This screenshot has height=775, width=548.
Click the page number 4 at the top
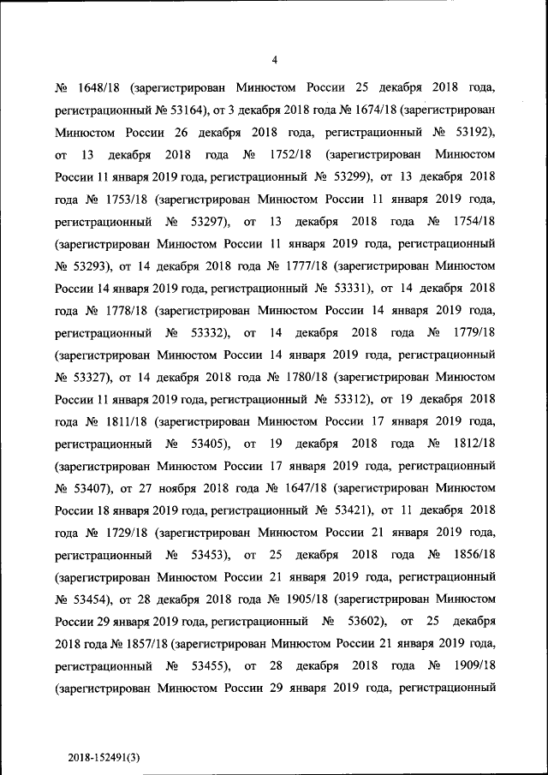274,59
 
